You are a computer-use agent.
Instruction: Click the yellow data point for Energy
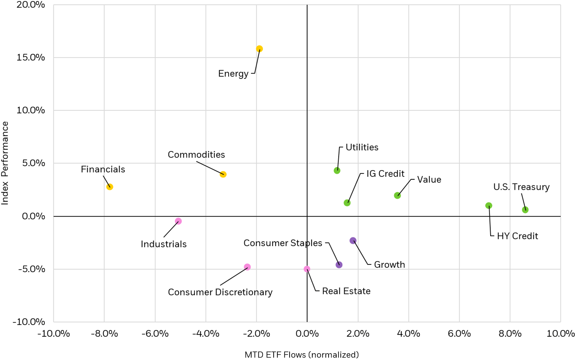click(259, 49)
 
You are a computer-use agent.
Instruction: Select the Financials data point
click(110, 187)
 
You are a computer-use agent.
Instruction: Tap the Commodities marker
click(223, 174)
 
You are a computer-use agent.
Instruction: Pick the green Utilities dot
click(337, 171)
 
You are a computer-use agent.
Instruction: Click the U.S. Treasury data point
click(525, 210)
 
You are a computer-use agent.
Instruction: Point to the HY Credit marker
click(489, 205)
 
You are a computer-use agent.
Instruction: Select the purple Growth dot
click(353, 241)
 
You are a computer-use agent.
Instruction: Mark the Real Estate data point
click(307, 269)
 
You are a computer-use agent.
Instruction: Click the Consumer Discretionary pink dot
click(247, 267)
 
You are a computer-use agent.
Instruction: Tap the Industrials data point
click(178, 221)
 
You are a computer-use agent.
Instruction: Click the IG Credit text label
click(385, 174)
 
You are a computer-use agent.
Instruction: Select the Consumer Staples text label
click(283, 243)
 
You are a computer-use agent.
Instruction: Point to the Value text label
click(429, 180)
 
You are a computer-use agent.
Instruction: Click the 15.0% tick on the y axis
click(31, 57)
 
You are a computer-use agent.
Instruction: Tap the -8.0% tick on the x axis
click(104, 334)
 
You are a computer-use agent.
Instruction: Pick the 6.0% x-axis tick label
click(459, 334)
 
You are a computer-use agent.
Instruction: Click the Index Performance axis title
click(5, 163)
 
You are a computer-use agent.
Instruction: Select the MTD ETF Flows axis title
click(301, 355)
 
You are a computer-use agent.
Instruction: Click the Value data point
click(397, 195)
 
